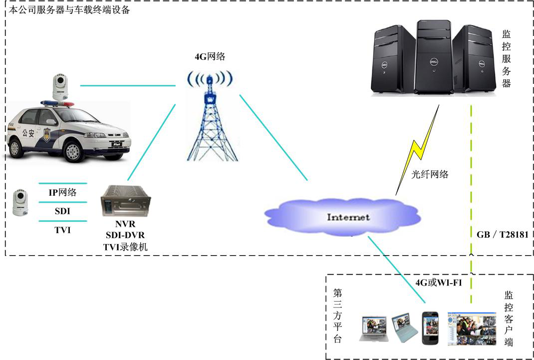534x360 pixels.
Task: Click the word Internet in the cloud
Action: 348,217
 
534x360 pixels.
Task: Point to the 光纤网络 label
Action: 430,174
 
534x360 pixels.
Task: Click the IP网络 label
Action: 62,193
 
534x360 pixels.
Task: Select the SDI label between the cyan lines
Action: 62,211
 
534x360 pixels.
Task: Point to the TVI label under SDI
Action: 62,230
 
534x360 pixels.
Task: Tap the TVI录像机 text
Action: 125,247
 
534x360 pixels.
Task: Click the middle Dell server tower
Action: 433,60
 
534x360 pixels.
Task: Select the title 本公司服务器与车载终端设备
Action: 69,9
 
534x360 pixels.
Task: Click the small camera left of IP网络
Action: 20,202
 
